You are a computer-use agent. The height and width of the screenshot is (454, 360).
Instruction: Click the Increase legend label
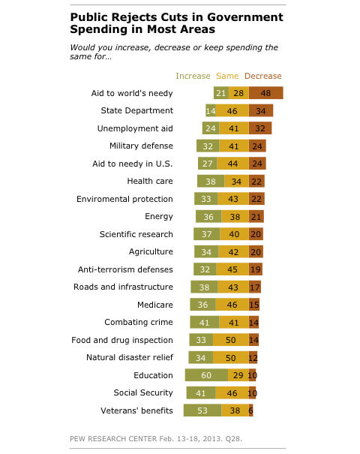[193, 76]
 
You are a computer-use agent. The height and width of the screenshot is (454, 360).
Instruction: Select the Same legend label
[227, 76]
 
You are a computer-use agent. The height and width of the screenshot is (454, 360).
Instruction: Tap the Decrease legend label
[262, 76]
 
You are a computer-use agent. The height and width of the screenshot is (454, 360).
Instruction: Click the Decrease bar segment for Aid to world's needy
[266, 93]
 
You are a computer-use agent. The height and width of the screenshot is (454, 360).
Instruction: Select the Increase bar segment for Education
[206, 375]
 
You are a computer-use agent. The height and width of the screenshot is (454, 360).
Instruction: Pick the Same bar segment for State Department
[232, 110]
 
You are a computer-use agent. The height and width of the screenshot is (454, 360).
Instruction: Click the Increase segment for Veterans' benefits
[202, 410]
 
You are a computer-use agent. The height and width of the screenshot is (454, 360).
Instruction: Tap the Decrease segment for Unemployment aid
[260, 128]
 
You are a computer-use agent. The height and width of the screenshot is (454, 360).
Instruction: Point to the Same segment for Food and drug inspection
[231, 340]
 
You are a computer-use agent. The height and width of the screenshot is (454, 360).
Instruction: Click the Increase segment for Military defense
[208, 146]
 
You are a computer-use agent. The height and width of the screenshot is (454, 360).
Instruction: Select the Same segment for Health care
[236, 182]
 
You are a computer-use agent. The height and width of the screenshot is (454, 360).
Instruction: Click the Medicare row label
[155, 305]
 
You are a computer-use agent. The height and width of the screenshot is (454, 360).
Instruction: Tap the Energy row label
[159, 217]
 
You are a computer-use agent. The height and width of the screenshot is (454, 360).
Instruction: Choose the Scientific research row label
[136, 234]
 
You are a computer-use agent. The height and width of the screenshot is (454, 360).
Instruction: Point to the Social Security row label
[143, 392]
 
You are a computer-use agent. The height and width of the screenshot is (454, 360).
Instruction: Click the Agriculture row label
[151, 251]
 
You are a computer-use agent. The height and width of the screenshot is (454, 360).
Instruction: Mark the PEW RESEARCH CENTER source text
[113, 439]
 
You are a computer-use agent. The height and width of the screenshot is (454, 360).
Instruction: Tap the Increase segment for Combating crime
[205, 322]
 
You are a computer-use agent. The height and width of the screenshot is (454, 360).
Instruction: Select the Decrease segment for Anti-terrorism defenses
[256, 269]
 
